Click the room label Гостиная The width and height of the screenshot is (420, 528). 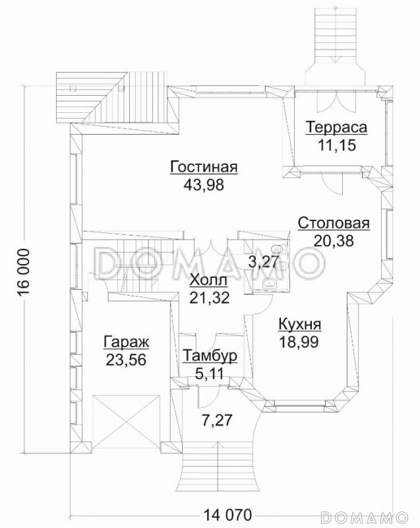click(x=204, y=167)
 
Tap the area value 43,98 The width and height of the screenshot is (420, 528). click(x=204, y=185)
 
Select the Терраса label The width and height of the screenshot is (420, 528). click(x=336, y=127)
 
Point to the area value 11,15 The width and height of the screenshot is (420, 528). click(x=336, y=145)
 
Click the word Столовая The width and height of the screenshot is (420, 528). click(x=333, y=222)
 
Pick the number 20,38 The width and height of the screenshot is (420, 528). click(x=333, y=241)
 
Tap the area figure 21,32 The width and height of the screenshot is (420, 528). click(x=210, y=298)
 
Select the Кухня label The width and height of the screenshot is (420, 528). click(x=299, y=325)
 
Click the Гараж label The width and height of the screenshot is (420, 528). click(x=127, y=342)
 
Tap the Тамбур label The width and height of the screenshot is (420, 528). click(x=210, y=356)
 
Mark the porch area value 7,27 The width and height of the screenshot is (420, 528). click(x=218, y=420)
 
